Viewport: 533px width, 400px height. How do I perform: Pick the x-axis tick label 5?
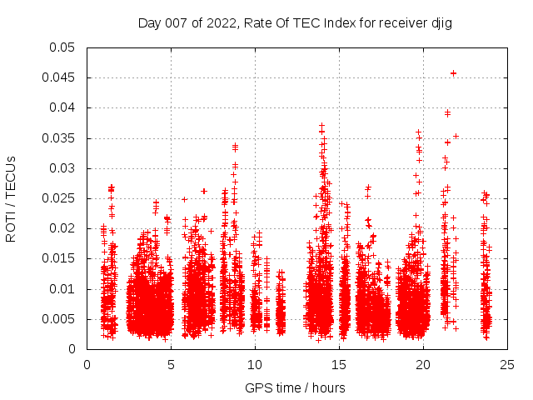172,364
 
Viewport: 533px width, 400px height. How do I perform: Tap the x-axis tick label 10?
255,364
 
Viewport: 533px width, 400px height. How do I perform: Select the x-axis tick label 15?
339,364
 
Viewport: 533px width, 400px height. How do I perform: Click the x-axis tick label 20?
423,364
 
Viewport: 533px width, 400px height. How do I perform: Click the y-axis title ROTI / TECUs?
12,197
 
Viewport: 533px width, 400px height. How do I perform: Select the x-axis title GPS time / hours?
295,388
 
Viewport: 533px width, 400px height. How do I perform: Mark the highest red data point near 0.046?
454,72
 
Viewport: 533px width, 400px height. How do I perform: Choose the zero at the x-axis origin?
87,364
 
